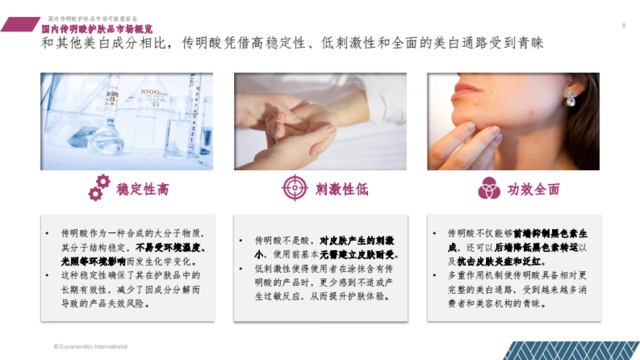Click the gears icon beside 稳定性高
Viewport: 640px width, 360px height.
point(99,188)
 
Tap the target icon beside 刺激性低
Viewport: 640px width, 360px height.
point(295,188)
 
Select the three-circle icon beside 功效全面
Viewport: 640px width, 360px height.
point(489,188)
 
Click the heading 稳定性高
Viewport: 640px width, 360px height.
point(142,189)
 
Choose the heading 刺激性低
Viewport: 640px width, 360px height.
point(342,189)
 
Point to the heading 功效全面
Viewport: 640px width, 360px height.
point(534,189)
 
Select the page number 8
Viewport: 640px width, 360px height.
point(624,26)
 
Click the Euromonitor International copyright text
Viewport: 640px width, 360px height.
point(91,347)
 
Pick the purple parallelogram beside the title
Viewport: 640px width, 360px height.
point(20,25)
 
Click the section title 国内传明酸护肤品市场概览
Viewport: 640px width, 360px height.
point(97,29)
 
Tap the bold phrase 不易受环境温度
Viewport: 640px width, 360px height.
point(170,247)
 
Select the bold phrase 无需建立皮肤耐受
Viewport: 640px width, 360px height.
point(357,254)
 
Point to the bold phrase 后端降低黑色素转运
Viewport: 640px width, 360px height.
point(536,247)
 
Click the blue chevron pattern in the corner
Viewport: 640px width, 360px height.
point(571,350)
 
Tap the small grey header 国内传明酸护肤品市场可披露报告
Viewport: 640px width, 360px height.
point(92,19)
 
